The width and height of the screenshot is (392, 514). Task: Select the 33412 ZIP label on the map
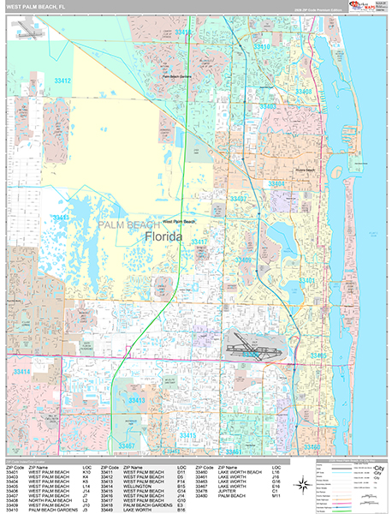point(60,81)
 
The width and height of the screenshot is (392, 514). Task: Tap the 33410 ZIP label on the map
point(263,46)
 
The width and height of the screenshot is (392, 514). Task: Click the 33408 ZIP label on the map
point(303,90)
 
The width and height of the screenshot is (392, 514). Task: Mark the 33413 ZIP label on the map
point(137,400)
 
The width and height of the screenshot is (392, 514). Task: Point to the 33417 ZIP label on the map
point(199,242)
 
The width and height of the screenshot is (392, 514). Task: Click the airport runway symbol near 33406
point(252,350)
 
